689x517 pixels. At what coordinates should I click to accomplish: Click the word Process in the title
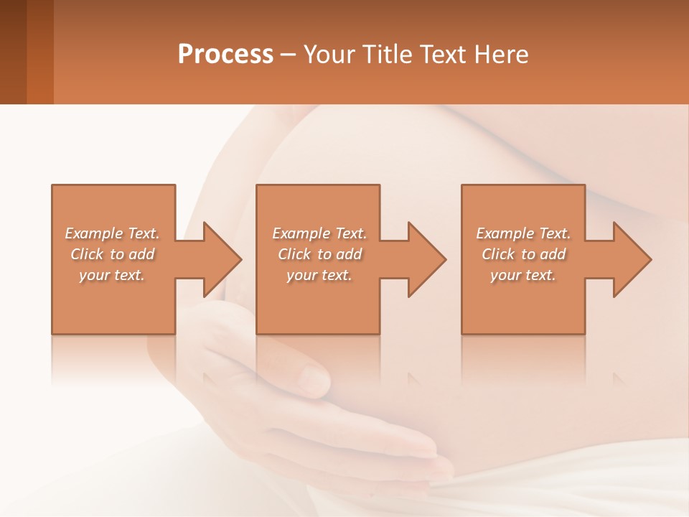[x=225, y=55]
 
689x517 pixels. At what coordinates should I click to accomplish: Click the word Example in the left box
[x=93, y=233]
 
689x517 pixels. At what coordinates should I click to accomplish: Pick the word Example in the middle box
[x=301, y=233]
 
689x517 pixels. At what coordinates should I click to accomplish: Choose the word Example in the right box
[x=505, y=233]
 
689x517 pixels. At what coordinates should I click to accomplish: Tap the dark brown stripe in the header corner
[x=13, y=52]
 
